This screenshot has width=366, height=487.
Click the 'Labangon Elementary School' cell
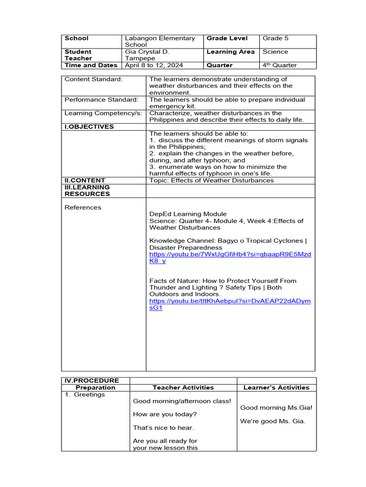pyautogui.click(x=160, y=41)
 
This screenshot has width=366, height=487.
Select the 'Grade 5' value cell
pyautogui.click(x=275, y=39)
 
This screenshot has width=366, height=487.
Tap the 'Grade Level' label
pyautogui.click(x=227, y=39)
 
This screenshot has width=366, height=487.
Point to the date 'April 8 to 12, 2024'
pyautogui.click(x=154, y=65)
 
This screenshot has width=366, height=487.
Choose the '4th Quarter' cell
pyautogui.click(x=279, y=65)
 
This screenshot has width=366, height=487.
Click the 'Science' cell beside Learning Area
pyautogui.click(x=275, y=52)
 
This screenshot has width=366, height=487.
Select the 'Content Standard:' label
pyautogui.click(x=93, y=79)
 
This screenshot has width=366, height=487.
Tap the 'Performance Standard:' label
pyautogui.click(x=102, y=100)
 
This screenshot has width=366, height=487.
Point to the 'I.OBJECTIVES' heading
pyautogui.click(x=89, y=127)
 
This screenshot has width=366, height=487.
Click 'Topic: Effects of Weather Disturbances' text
pyautogui.click(x=211, y=180)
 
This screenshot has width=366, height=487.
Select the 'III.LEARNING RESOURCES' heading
pyautogui.click(x=87, y=190)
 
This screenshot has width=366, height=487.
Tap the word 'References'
pyautogui.click(x=83, y=207)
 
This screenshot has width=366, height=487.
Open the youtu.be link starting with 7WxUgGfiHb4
pyautogui.click(x=230, y=254)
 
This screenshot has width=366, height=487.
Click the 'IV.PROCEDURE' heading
pyautogui.click(x=91, y=380)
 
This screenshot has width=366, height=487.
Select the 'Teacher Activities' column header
pyautogui.click(x=183, y=388)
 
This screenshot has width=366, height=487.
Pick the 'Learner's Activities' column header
pyautogui.click(x=276, y=388)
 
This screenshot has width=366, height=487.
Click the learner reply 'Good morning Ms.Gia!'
pyautogui.click(x=276, y=408)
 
